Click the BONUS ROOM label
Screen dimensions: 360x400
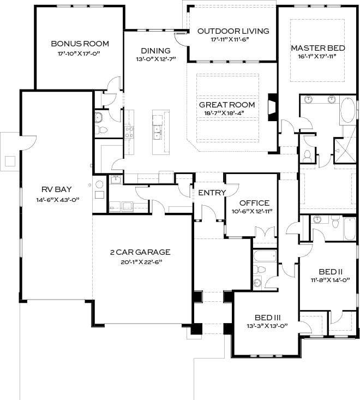(x=80, y=44)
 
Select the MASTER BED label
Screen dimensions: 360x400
(x=318, y=48)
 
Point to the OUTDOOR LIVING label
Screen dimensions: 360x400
(x=233, y=31)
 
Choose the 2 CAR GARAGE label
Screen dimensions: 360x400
(x=140, y=252)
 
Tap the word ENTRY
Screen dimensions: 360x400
(x=212, y=193)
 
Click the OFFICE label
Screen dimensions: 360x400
(x=254, y=203)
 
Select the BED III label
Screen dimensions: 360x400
(x=268, y=318)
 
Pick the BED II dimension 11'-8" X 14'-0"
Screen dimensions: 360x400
(x=330, y=280)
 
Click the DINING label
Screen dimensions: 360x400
(x=156, y=51)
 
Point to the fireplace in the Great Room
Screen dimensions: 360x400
(x=273, y=107)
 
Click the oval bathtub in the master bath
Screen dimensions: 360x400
(x=348, y=110)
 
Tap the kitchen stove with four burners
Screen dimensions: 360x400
(x=129, y=132)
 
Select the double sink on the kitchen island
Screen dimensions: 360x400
(x=158, y=133)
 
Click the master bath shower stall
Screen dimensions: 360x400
(x=345, y=151)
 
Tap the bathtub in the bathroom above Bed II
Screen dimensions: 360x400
(x=350, y=229)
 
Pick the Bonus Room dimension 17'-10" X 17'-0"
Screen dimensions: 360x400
(x=78, y=54)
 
